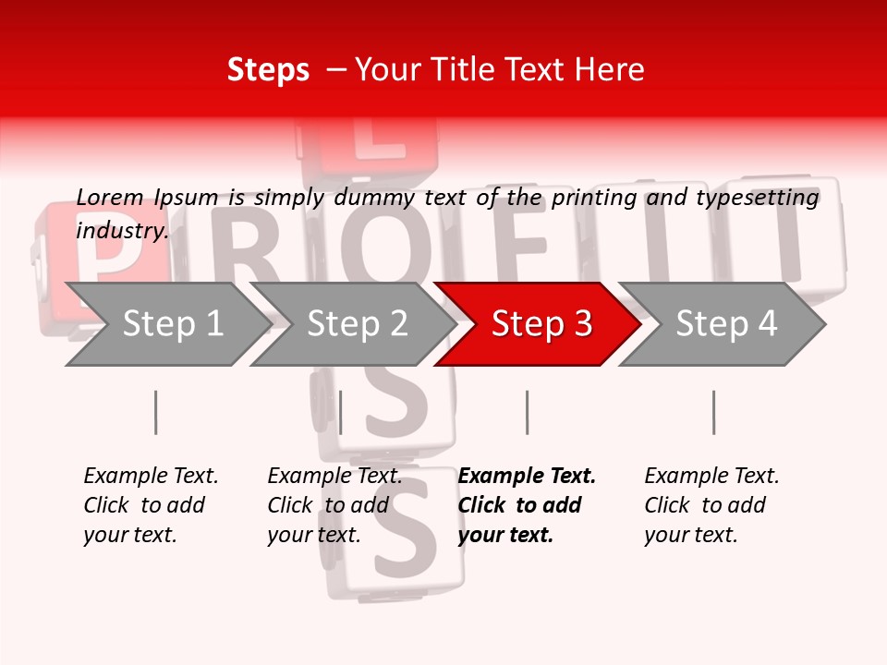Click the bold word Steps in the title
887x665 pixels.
[x=268, y=70]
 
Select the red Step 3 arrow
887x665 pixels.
[x=540, y=324]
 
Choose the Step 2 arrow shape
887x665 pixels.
[x=357, y=324]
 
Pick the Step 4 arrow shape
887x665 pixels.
[x=725, y=324]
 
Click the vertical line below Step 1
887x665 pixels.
[x=156, y=412]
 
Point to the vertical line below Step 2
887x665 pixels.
[x=341, y=412]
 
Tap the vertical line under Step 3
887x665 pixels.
[x=527, y=412]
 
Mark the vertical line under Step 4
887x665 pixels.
[x=713, y=412]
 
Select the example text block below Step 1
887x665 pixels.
[x=151, y=504]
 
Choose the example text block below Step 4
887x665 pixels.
[x=711, y=504]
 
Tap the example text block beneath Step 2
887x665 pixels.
[x=334, y=504]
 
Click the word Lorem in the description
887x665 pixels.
[x=109, y=197]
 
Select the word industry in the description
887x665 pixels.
[x=122, y=231]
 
